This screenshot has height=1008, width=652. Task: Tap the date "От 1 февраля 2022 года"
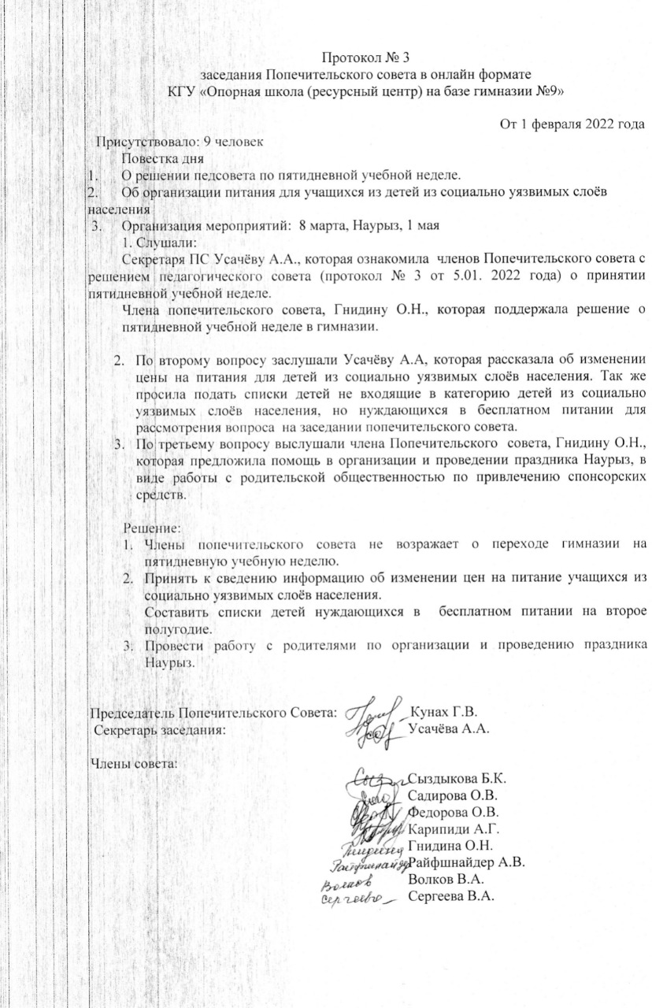(x=573, y=124)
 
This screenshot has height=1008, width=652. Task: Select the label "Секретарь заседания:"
(x=158, y=729)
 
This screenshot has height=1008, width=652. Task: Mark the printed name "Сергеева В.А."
(x=449, y=895)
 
